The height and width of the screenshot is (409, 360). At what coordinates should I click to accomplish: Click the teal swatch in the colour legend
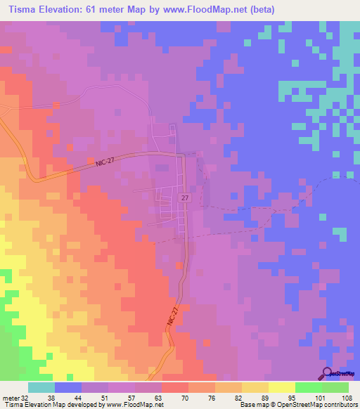click(x=41, y=387)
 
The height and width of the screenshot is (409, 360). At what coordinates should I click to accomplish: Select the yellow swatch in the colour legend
click(x=282, y=387)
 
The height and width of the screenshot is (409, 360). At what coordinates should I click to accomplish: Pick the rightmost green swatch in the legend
click(x=335, y=387)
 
